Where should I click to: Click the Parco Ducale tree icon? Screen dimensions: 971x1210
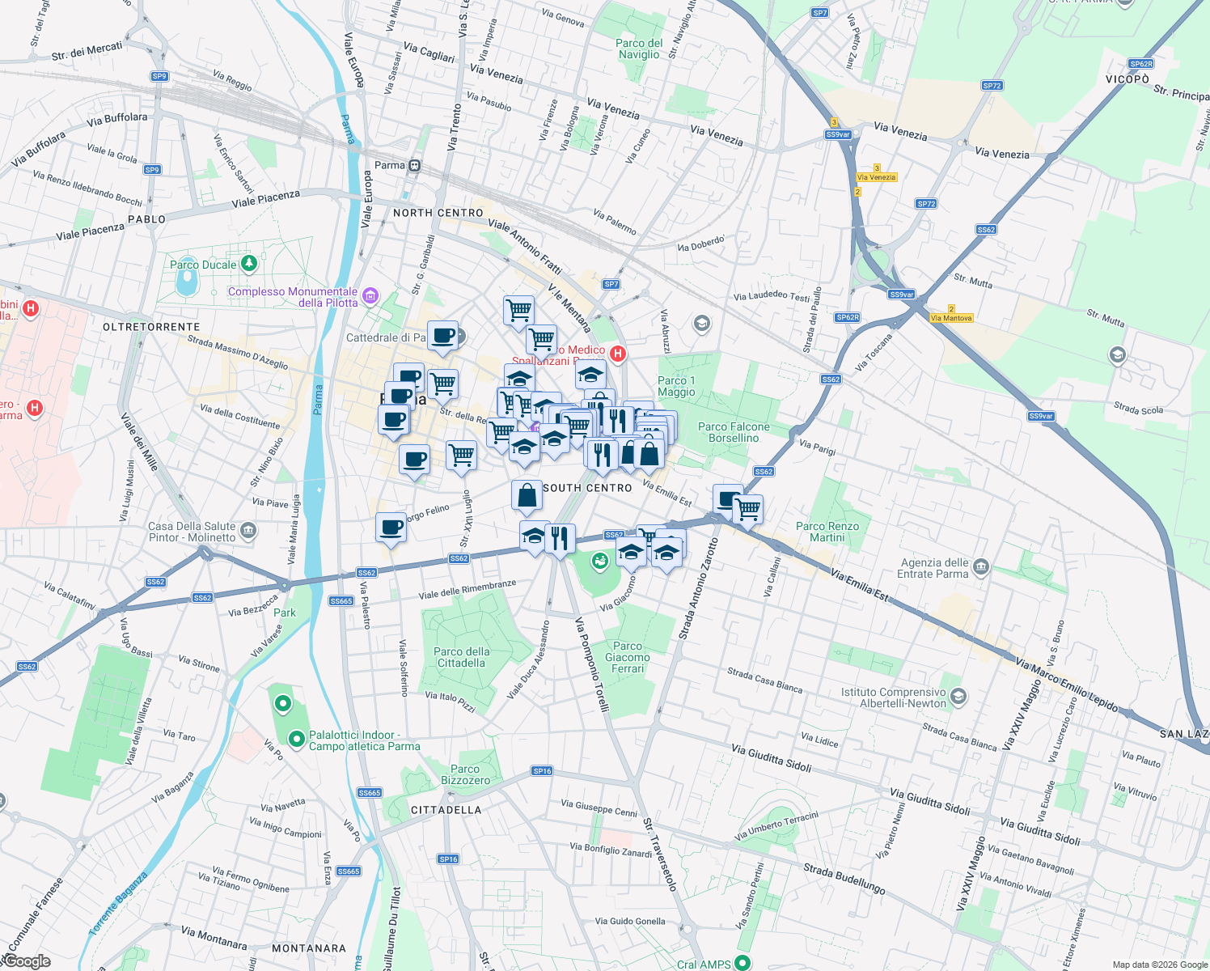pos(249,263)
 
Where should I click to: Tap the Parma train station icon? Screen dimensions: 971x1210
pos(414,166)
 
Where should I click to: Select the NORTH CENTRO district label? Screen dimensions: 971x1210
pos(438,213)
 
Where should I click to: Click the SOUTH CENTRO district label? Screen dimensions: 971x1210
pos(587,488)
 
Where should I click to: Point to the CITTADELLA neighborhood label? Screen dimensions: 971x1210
pos(446,810)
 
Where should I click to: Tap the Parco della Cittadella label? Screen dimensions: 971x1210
pos(461,657)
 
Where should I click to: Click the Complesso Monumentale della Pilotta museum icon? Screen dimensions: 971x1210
pos(370,295)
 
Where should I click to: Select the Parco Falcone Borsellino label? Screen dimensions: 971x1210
pos(734,432)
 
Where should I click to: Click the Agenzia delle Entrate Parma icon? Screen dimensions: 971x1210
pos(981,566)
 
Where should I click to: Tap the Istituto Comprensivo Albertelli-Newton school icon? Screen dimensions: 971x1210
pos(958,696)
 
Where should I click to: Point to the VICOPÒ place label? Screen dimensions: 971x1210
pos(1127,79)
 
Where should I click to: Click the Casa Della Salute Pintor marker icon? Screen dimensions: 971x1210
pos(248,531)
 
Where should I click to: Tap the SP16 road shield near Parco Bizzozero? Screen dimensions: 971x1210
pos(542,771)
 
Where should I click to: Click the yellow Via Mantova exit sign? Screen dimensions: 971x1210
pos(951,318)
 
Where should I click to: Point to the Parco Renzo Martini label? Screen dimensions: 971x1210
pos(827,532)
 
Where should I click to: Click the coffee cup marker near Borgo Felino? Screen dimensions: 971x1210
pos(391,528)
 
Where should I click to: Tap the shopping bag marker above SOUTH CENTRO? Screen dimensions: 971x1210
pos(527,495)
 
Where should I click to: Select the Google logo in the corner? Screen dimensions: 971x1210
pos(27,961)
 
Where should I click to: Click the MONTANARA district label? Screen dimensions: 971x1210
pos(309,948)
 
